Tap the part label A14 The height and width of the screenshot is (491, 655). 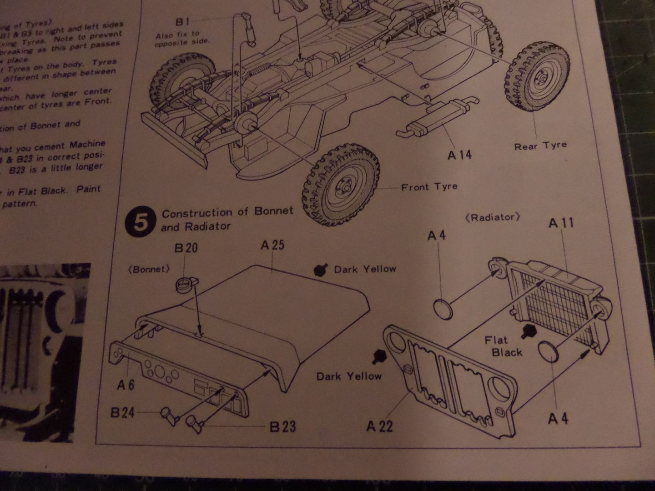[459, 155]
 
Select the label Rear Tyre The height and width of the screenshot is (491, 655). [540, 146]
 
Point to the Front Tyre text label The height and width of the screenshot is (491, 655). [429, 187]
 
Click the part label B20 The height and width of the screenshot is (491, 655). [186, 248]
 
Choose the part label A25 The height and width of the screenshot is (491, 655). [272, 245]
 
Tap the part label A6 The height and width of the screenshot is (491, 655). [126, 385]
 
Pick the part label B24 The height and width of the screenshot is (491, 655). [122, 413]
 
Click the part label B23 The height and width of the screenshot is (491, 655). [282, 426]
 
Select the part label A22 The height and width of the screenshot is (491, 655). [379, 426]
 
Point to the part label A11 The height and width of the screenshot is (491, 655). [561, 223]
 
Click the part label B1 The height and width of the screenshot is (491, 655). [182, 21]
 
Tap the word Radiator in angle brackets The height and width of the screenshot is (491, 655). [493, 217]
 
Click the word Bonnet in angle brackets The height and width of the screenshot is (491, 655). [149, 269]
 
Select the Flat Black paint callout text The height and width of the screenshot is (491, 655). [503, 346]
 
